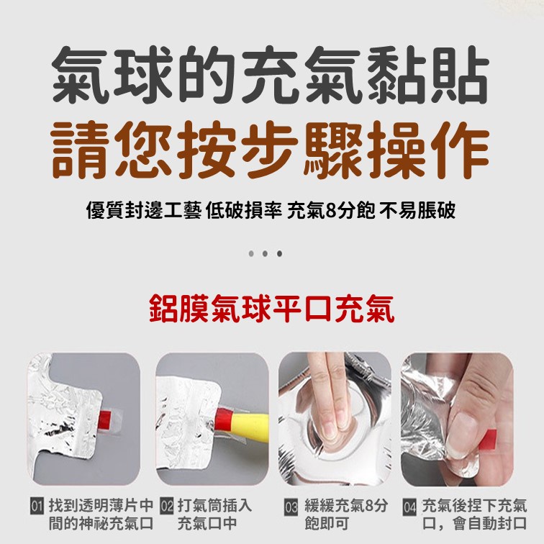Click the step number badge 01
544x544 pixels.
37,506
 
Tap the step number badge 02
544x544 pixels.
167,506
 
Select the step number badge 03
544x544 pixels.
291,507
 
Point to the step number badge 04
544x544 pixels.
409,507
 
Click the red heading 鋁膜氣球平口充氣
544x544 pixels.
272,309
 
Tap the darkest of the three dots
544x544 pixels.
279,253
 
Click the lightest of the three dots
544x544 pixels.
251,253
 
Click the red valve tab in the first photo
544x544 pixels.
106,420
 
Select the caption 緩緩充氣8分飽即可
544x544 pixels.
345,515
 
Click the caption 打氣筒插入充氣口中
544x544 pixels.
214,515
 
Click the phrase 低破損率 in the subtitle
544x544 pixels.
243,211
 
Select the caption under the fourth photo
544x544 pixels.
474,515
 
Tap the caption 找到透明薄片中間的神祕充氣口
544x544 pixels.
101,515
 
